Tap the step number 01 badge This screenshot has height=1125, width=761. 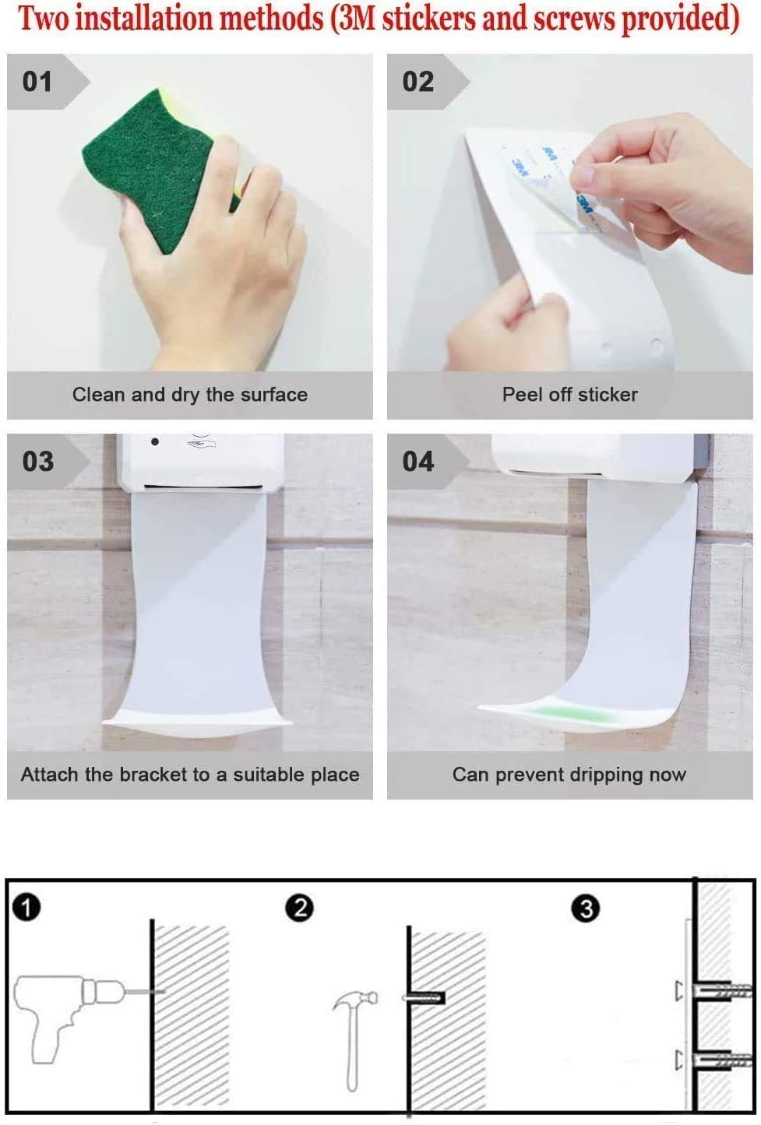(38, 82)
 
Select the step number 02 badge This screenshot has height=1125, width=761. (418, 82)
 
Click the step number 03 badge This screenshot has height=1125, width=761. (38, 461)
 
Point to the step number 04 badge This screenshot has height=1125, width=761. (418, 461)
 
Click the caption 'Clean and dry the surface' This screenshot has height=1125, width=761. (189, 395)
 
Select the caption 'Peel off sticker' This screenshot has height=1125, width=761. (569, 395)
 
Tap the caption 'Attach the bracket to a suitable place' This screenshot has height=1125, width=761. (189, 775)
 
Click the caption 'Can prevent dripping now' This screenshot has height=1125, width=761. (569, 775)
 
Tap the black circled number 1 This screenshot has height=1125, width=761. (27, 908)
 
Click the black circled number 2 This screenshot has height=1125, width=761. (300, 908)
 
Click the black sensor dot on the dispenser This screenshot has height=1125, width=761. (155, 442)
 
